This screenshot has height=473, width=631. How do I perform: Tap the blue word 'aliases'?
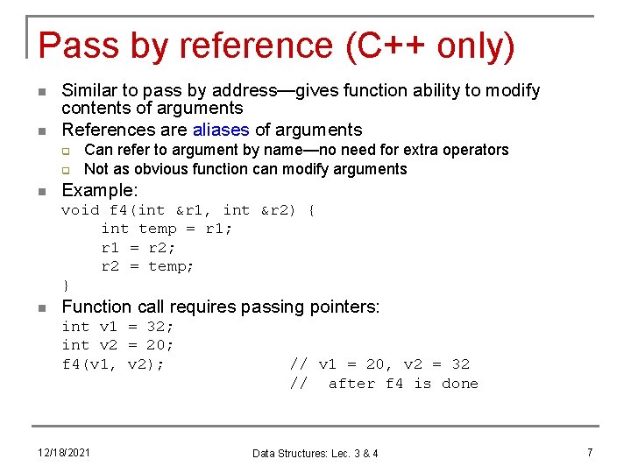point(222,130)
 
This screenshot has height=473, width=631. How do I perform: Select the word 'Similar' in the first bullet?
point(90,90)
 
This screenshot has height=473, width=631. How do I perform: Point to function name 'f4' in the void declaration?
point(118,209)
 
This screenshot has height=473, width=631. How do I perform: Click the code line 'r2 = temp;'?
point(147,266)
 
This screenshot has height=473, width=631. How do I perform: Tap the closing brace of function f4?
point(66,286)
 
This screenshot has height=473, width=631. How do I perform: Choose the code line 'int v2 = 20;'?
point(117,345)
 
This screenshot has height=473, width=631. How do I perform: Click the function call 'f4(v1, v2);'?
point(112,364)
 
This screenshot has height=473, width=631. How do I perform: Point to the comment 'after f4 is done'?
point(403,384)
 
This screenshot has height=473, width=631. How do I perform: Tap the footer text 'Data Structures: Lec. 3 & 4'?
point(315,453)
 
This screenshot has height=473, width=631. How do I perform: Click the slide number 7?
point(590,452)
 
